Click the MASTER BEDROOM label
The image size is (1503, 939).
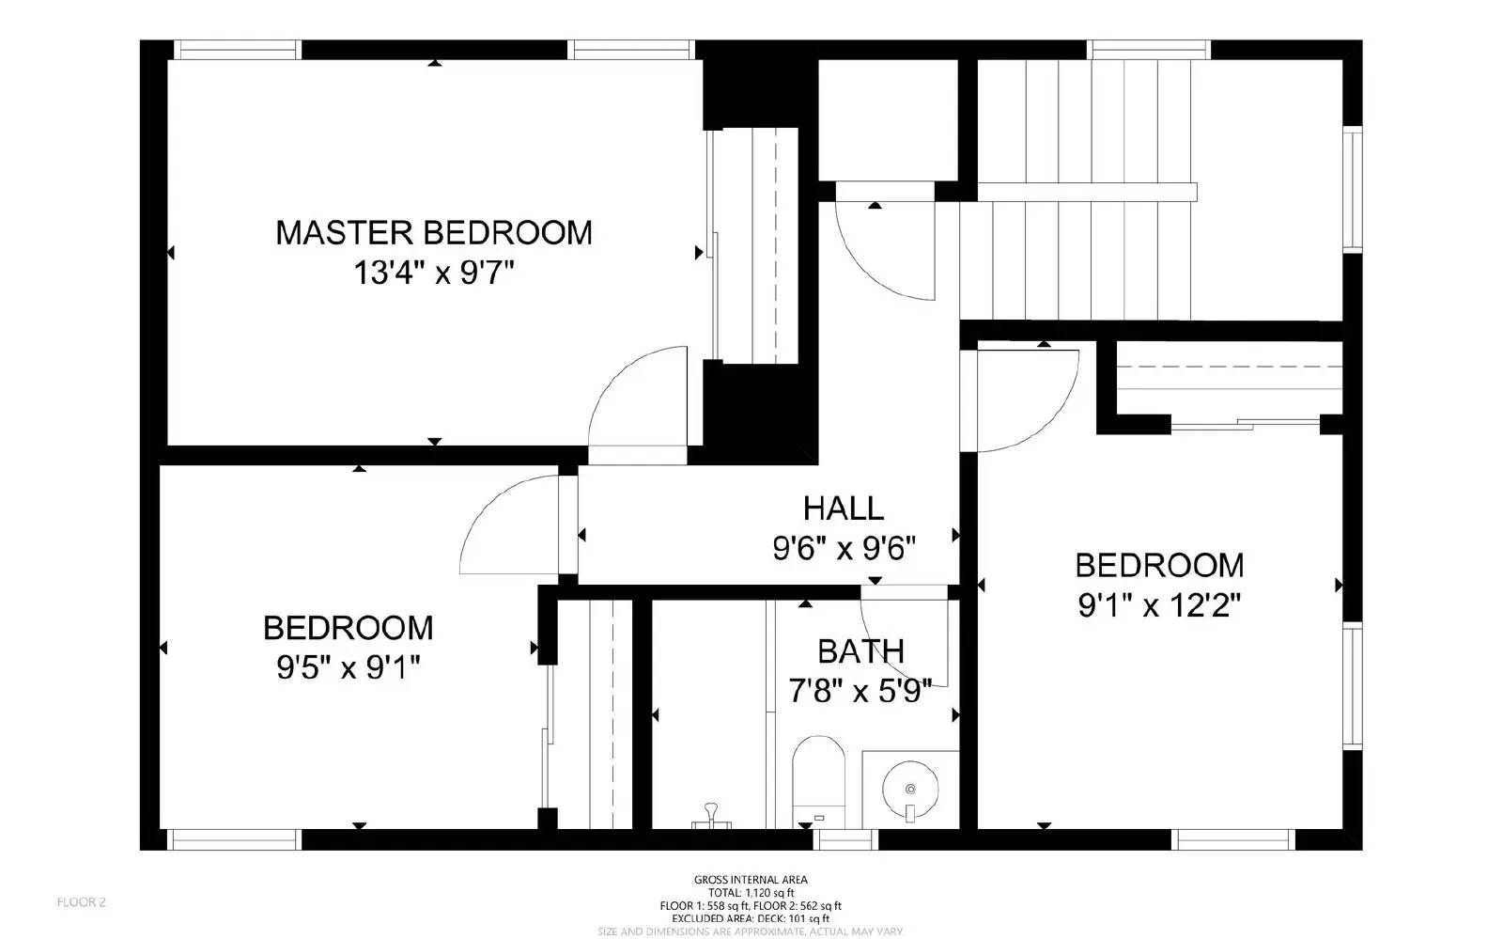tap(433, 232)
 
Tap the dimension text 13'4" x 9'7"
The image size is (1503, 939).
tap(433, 274)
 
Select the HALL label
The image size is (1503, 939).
tap(843, 509)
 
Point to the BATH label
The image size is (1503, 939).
tap(860, 651)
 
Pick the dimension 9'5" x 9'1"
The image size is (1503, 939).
tap(348, 668)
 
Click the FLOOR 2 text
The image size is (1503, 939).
tap(82, 902)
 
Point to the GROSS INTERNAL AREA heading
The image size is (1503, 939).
tap(751, 880)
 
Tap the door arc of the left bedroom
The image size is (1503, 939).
tap(507, 522)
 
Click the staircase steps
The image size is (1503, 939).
tap(1080, 188)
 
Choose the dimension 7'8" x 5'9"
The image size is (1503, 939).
tap(860, 693)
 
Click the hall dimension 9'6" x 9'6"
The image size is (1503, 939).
tap(844, 548)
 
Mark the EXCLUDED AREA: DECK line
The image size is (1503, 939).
tap(751, 918)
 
